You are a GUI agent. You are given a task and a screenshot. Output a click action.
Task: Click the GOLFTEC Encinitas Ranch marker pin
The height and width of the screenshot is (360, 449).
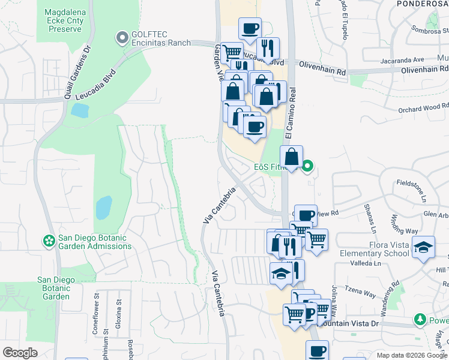point(123,38)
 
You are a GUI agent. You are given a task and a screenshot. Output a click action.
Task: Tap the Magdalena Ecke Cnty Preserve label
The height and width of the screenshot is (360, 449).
point(65,20)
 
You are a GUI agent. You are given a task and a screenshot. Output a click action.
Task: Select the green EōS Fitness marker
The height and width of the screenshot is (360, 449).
point(308,166)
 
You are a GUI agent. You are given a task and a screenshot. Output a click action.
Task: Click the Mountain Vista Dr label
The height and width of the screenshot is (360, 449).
point(348,323)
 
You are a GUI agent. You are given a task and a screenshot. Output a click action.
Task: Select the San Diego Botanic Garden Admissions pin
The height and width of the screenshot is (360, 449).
point(49,241)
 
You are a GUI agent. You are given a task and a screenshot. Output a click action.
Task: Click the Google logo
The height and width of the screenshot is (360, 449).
point(20,353)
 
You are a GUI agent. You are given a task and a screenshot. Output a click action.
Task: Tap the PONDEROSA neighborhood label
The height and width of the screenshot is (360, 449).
point(423,4)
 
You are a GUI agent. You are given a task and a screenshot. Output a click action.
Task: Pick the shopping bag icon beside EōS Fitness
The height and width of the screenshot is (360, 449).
point(291,157)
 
